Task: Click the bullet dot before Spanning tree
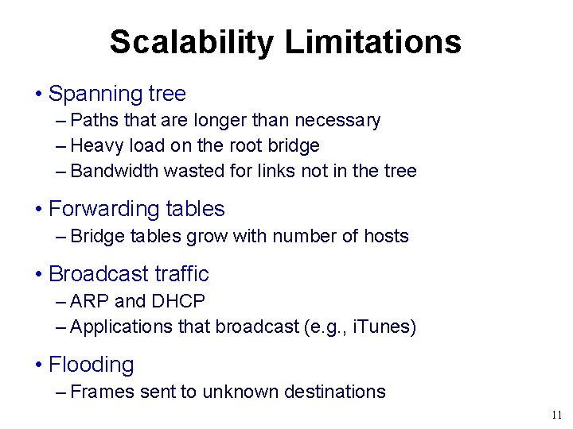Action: (x=39, y=95)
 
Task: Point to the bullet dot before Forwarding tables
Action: (x=39, y=210)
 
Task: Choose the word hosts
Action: (x=385, y=237)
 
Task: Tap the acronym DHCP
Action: (x=178, y=302)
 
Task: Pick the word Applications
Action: (x=121, y=327)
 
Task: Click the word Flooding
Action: (x=91, y=365)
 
